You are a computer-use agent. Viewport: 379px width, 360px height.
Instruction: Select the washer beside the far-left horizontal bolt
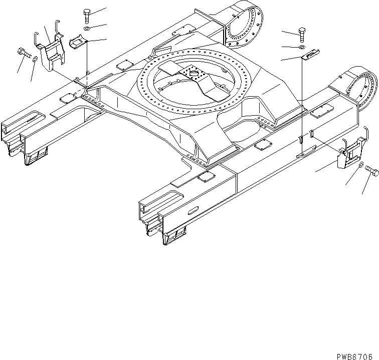pos(34,60)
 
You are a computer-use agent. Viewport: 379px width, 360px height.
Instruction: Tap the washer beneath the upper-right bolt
pos(300,48)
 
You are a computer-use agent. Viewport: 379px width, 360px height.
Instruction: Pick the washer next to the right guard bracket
pos(361,166)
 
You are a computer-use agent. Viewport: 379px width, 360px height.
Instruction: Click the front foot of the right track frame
pos(173,236)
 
